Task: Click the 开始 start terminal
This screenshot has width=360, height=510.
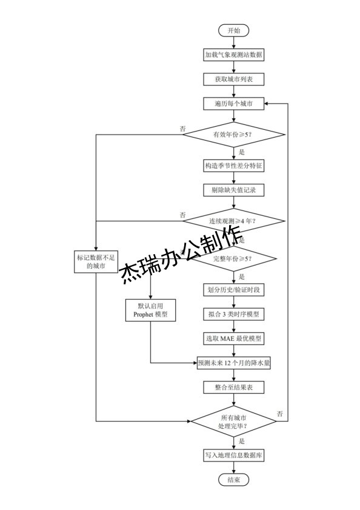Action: tap(233, 30)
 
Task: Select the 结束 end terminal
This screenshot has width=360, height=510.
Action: tap(233, 480)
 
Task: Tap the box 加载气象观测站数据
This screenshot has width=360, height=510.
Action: tap(233, 55)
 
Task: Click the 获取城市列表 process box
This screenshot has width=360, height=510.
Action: tap(233, 79)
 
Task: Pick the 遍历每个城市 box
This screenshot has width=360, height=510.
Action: tap(233, 104)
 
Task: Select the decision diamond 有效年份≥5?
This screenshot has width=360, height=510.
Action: tap(233, 134)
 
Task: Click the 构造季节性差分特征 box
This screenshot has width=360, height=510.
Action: tap(233, 165)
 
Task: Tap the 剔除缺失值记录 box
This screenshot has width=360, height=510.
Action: tap(233, 190)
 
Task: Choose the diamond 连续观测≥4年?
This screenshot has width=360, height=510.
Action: tap(233, 221)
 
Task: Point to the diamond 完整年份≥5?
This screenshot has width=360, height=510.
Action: tap(233, 259)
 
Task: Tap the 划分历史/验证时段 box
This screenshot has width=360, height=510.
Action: tap(233, 289)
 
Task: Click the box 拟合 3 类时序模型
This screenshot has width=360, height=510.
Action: tap(233, 314)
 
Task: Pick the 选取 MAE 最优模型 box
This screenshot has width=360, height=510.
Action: tap(233, 338)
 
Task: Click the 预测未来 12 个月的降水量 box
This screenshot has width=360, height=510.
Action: tap(233, 363)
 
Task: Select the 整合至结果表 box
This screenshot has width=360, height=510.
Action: tap(233, 388)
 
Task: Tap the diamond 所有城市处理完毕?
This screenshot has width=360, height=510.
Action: tap(233, 420)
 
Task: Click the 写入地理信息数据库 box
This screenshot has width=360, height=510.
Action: tap(233, 454)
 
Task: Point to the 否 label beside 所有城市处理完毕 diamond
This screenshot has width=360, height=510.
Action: tap(280, 413)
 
